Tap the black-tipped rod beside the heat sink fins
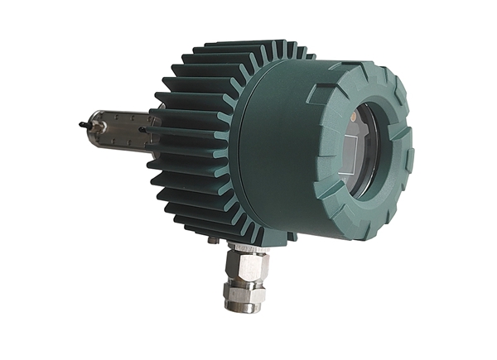click(145, 130)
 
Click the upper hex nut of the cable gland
click(246, 265)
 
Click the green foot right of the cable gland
click(290, 238)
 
